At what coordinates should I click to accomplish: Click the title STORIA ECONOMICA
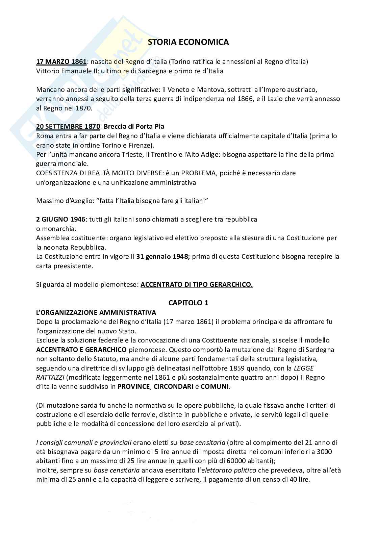[x=188, y=42]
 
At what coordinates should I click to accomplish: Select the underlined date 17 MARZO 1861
[x=61, y=61]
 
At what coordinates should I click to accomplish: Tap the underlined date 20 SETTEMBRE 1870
[x=68, y=127]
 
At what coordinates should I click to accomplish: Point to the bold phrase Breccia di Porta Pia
[x=134, y=127]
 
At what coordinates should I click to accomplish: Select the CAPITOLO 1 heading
[x=188, y=303]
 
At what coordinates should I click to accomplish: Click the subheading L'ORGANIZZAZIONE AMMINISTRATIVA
[x=96, y=312]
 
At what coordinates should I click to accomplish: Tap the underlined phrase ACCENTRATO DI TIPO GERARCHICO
[x=197, y=284]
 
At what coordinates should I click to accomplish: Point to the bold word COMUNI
[x=215, y=386]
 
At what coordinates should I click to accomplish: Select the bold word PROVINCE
[x=133, y=386]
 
